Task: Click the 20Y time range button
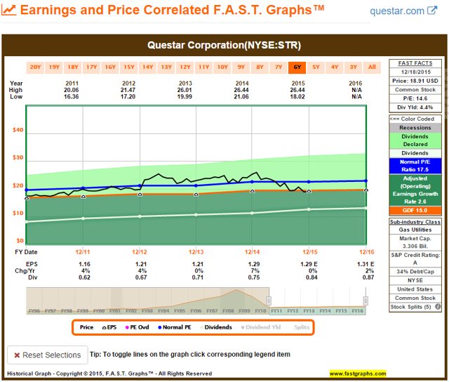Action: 35,67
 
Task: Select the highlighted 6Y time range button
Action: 297,67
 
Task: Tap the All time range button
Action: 372,67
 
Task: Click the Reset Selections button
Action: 47,355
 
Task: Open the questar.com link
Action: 403,11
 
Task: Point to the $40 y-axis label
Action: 18,130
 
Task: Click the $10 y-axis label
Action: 18,213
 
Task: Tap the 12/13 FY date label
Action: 196,251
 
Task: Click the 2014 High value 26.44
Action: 252,91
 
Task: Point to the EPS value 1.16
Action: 83,263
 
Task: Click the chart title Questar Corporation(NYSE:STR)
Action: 224,46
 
